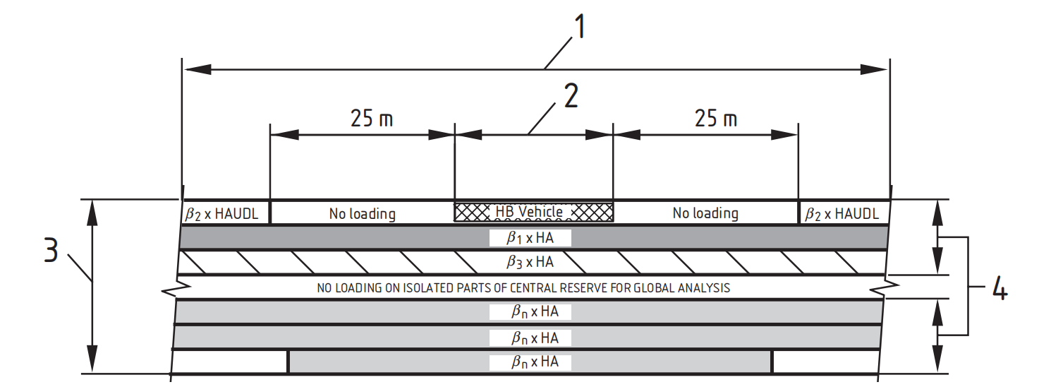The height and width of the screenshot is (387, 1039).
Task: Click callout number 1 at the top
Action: click(x=579, y=26)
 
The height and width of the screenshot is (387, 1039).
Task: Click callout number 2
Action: click(x=571, y=96)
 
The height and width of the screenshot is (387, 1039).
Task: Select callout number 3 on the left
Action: click(x=51, y=251)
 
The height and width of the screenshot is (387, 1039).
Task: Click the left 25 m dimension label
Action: click(x=372, y=118)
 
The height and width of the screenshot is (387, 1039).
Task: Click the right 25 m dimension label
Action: click(x=716, y=118)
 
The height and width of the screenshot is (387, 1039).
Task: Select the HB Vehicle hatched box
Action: click(x=533, y=212)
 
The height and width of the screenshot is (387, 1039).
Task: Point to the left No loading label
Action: click(x=363, y=214)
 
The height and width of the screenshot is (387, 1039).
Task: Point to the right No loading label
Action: click(x=705, y=213)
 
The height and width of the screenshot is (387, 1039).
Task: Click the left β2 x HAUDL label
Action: click(x=221, y=214)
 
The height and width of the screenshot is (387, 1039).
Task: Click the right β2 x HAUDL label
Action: click(x=842, y=214)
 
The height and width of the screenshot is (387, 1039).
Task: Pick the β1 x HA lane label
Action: click(x=530, y=238)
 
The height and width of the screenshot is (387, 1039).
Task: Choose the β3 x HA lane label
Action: click(x=530, y=262)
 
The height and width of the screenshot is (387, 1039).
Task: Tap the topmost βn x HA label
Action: click(x=535, y=311)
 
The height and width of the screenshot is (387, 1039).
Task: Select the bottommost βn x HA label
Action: click(x=535, y=362)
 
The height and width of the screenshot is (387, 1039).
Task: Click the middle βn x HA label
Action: click(x=535, y=338)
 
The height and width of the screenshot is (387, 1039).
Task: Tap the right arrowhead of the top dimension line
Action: click(x=873, y=70)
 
